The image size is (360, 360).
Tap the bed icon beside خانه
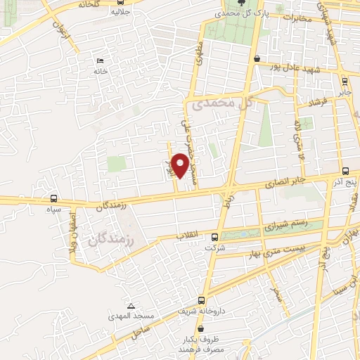click(x=99, y=61)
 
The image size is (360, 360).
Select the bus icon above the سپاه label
click(x=54, y=198)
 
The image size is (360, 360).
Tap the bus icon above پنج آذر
click(x=345, y=171)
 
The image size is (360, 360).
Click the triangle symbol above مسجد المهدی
click(x=131, y=306)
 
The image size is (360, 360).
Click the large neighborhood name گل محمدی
click(x=221, y=104)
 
